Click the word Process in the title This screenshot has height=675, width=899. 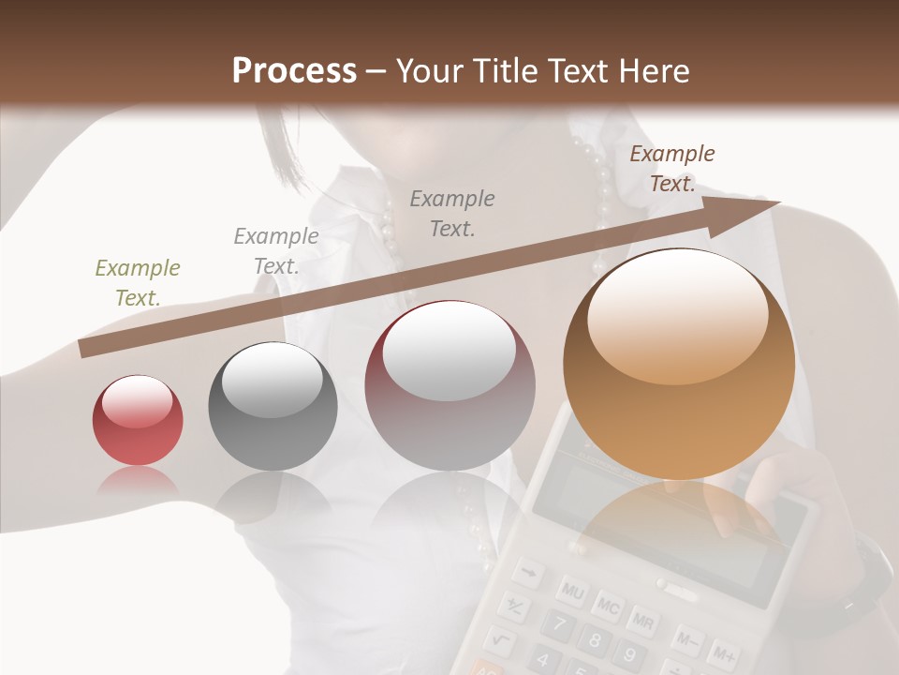(294, 70)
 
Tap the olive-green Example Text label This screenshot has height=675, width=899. (138, 283)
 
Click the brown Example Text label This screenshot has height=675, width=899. (671, 169)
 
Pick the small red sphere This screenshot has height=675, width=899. (138, 420)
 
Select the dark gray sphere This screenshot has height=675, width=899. (273, 406)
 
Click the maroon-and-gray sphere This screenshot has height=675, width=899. (450, 385)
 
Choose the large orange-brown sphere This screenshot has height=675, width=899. (679, 364)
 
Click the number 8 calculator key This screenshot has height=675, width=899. (592, 641)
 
